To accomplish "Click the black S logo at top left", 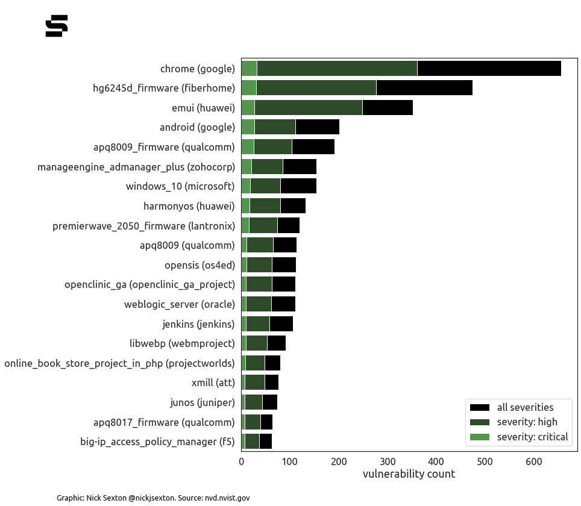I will [57, 26].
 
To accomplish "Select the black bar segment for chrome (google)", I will [489, 69].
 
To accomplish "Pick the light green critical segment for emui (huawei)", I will [248, 108].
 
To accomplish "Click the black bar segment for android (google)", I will [317, 127].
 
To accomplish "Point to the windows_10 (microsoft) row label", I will [180, 186].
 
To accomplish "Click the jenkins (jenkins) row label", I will [198, 324].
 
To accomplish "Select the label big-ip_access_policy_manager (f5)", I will [157, 442].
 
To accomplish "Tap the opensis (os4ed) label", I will [199, 265].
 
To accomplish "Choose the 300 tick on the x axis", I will [388, 461].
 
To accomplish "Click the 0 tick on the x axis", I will [242, 461].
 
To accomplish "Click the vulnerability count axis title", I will [409, 475].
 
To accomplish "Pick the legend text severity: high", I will [527, 422].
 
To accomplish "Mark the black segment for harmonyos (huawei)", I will [293, 206].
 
